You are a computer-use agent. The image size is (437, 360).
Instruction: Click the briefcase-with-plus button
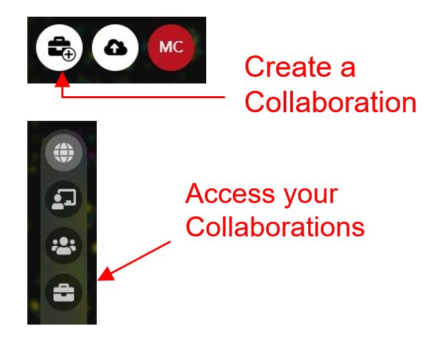tap(59, 47)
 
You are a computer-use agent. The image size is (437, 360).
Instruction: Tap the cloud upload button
tap(115, 47)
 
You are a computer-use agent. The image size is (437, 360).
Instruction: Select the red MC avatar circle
tap(171, 47)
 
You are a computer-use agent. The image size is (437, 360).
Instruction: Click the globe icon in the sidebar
tap(64, 152)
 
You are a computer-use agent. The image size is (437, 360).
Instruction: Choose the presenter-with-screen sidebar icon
tap(64, 199)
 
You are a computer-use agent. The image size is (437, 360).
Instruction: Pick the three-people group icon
tap(64, 246)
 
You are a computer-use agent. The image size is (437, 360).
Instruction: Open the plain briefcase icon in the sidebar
tap(64, 293)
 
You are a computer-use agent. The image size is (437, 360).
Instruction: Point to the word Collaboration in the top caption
tap(330, 102)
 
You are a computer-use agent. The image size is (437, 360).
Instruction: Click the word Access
tap(230, 194)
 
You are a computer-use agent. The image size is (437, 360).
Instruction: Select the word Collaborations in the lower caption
tap(275, 227)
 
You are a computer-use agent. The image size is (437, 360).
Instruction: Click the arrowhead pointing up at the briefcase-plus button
tap(62, 79)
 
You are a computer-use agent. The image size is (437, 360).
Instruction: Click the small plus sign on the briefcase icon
tap(69, 54)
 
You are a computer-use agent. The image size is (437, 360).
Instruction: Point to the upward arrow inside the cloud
tap(115, 48)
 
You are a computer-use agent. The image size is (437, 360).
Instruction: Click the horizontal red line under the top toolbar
tap(143, 97)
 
